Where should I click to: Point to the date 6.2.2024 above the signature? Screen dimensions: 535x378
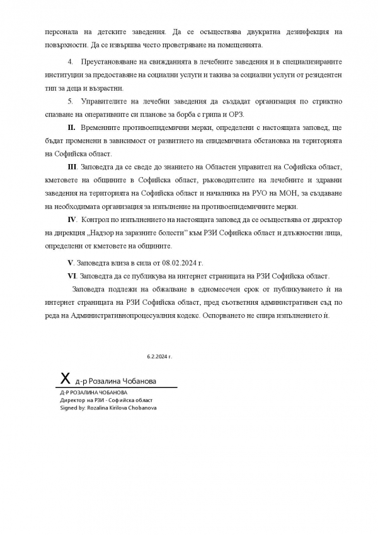159,356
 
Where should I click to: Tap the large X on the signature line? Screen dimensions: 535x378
65,379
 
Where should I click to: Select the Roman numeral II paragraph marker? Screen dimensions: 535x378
72,129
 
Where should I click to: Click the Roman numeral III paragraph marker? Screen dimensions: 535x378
72,167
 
